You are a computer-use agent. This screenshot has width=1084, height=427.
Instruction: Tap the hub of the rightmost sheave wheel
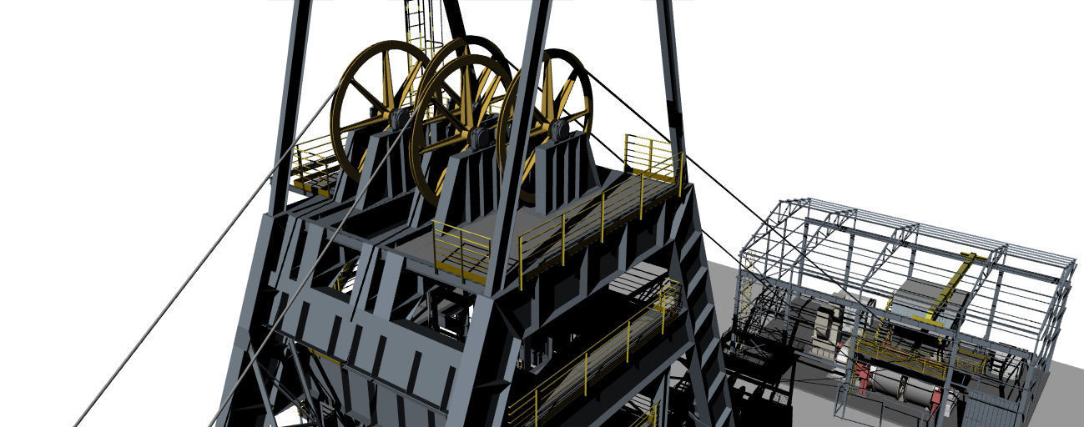pyautogui.click(x=557, y=128)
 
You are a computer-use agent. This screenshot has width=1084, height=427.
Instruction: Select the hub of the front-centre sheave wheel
pyautogui.click(x=479, y=136)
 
